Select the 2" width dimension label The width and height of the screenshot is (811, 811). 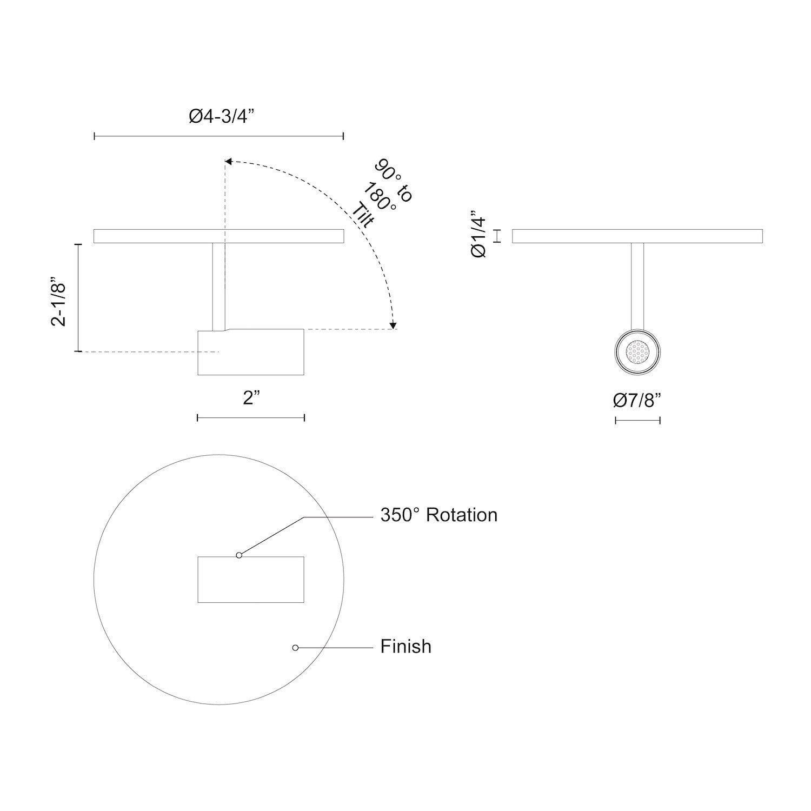click(251, 398)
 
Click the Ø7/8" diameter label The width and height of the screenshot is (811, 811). click(637, 401)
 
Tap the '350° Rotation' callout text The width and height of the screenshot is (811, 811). click(438, 515)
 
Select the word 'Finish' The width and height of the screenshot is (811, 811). click(405, 647)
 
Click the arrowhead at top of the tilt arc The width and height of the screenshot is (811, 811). click(228, 161)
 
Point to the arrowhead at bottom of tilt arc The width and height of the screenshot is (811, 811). click(394, 325)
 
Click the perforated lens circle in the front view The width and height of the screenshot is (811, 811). click(637, 352)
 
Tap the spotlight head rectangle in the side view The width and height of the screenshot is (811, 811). click(251, 352)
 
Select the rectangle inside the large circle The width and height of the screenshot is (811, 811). click(251, 580)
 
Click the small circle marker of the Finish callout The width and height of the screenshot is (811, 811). click(295, 647)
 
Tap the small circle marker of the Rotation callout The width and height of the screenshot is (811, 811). click(239, 555)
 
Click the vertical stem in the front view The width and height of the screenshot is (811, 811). click(637, 284)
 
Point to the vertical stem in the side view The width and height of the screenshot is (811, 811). click(218, 287)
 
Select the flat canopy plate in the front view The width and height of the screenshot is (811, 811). click(637, 237)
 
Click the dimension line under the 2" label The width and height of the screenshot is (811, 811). click(251, 417)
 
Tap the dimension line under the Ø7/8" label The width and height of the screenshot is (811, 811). click(637, 420)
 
